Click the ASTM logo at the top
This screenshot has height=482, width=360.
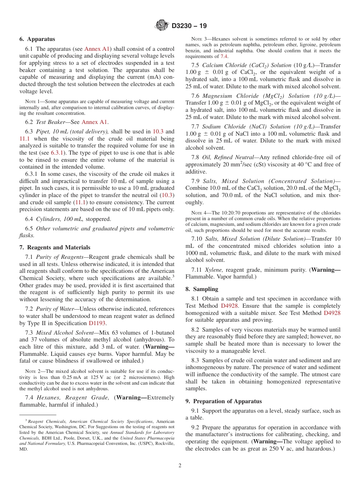click(x=162, y=26)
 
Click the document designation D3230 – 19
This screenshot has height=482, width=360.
click(x=189, y=26)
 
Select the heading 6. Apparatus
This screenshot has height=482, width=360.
click(x=37, y=39)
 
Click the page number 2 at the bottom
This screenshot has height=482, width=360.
click(x=180, y=465)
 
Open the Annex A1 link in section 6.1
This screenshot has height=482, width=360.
click(x=97, y=49)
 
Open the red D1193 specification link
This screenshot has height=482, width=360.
click(x=97, y=323)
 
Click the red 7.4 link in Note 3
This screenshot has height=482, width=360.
click(x=224, y=56)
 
